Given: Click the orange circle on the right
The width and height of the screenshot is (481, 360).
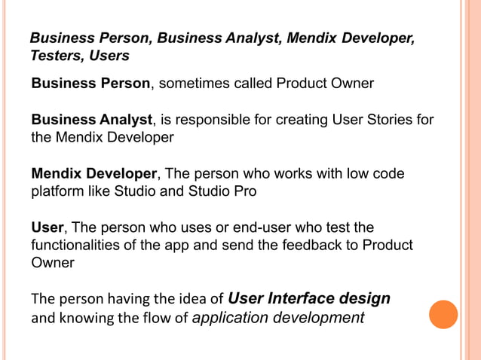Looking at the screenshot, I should pyautogui.click(x=443, y=314).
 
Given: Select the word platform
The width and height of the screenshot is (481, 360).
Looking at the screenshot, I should pyautogui.click(x=57, y=191).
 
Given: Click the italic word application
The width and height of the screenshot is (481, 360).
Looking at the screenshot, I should pyautogui.click(x=228, y=318).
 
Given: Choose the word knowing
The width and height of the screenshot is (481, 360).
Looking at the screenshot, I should pyautogui.click(x=84, y=318).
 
